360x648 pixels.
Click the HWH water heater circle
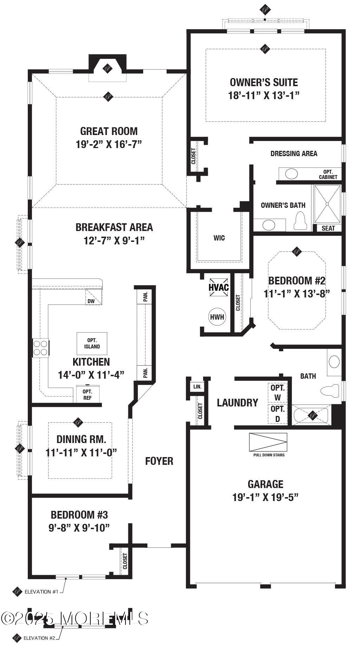(x=217, y=317)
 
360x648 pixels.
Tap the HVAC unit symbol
(x=219, y=287)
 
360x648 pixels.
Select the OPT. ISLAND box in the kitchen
(x=92, y=343)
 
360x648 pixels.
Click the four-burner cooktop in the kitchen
(x=40, y=348)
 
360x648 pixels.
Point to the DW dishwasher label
(x=91, y=301)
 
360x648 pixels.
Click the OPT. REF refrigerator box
(x=88, y=394)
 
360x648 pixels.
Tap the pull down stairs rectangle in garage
(x=268, y=442)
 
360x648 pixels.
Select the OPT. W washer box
(x=278, y=392)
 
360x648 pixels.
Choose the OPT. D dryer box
(x=278, y=414)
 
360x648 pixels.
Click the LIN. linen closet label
(x=198, y=386)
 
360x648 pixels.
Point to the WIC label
(x=219, y=238)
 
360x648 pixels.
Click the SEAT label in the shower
(x=328, y=228)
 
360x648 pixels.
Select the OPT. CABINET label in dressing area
(x=328, y=174)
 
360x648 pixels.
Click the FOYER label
(x=159, y=461)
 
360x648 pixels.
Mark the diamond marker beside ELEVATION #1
(x=17, y=592)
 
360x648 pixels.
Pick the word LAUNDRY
(x=237, y=403)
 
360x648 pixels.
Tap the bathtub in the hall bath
(x=311, y=416)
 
